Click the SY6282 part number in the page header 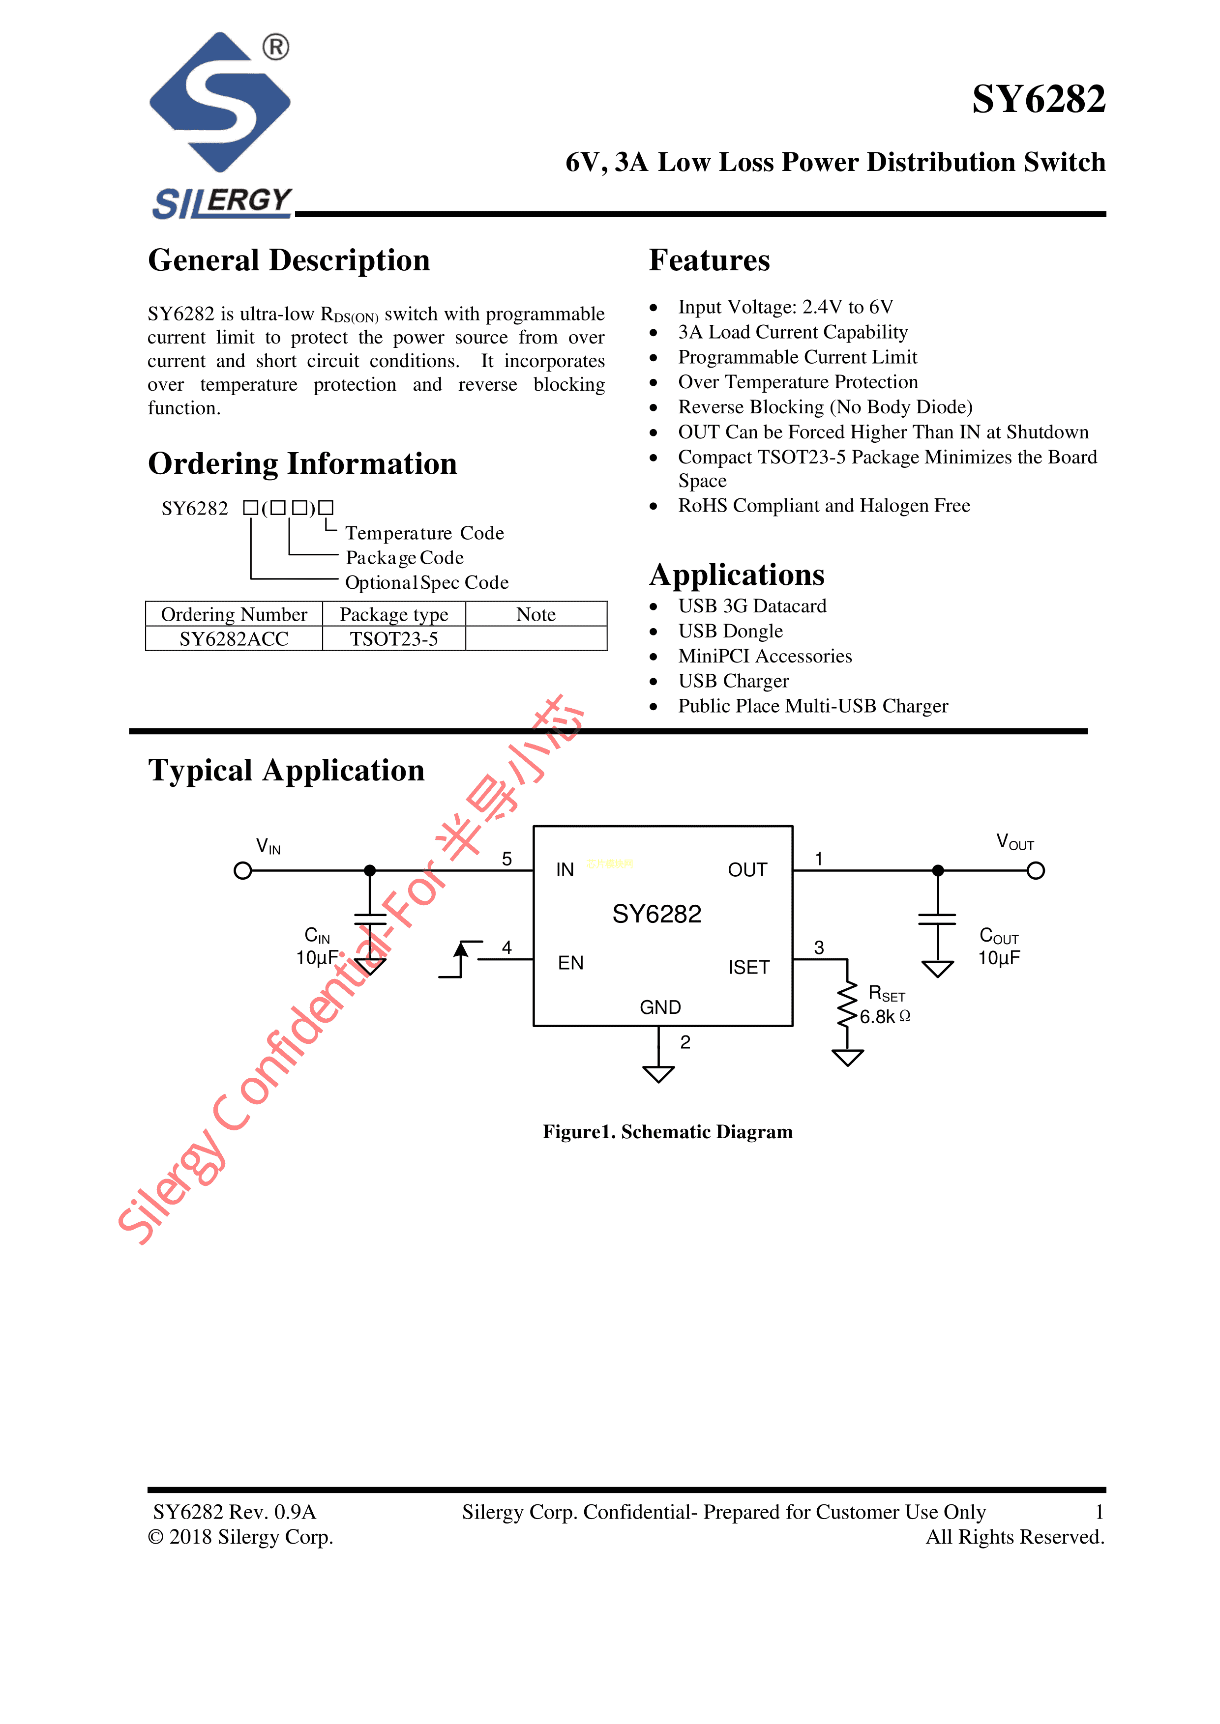tap(1038, 100)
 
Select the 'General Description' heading tap(289, 260)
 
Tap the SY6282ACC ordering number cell tap(234, 639)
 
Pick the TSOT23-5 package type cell tap(394, 639)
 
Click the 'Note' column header tap(536, 614)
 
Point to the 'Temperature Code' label tap(424, 533)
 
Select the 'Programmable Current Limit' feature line tap(797, 357)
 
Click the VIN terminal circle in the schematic tap(242, 870)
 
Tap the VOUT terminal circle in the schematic tap(1036, 870)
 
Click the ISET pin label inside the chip tap(748, 967)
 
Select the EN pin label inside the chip tap(570, 963)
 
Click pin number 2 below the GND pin tap(685, 1042)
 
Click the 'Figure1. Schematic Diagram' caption tap(667, 1132)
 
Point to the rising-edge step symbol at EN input tap(460, 959)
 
